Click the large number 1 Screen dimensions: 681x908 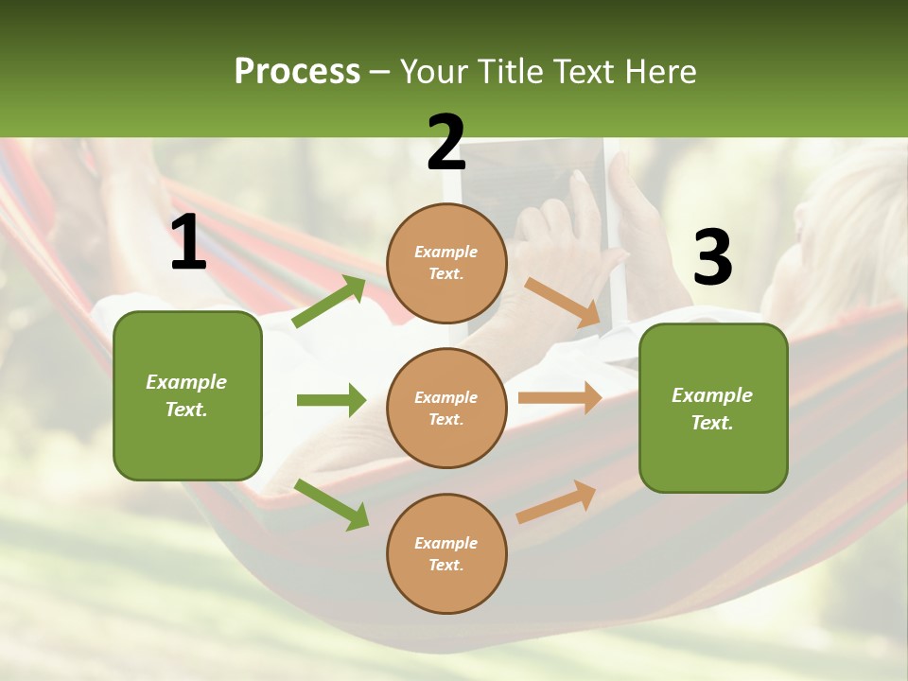point(188,243)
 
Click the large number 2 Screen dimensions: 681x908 point(446,144)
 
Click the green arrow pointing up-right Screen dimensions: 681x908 point(329,302)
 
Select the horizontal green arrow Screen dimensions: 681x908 point(331,400)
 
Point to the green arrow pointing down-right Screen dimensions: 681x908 point(331,503)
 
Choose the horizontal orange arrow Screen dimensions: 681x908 point(560,398)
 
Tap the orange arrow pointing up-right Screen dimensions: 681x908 point(556,502)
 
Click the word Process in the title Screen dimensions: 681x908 point(297,71)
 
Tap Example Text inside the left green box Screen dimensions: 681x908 point(186,395)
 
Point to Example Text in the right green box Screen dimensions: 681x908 point(712,409)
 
